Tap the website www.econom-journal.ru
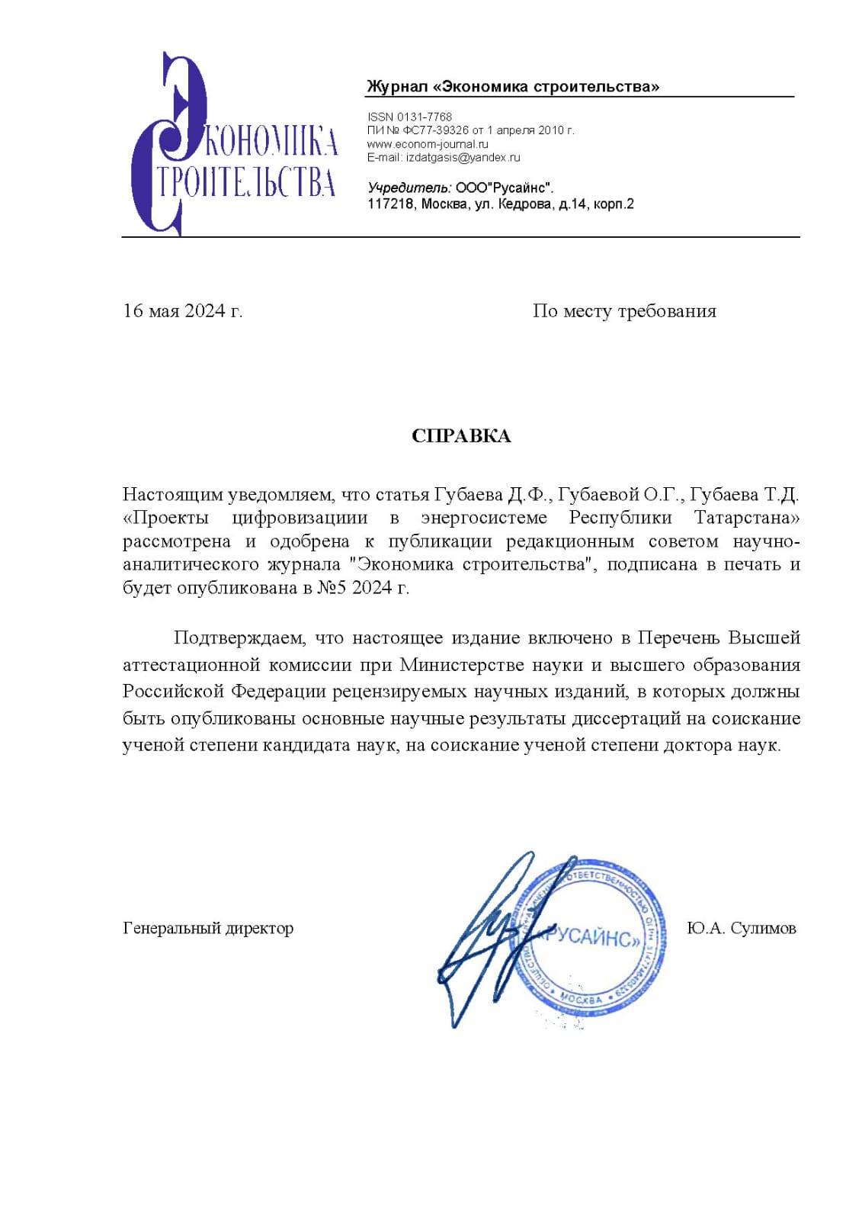coord(428,144)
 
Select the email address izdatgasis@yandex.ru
coord(463,158)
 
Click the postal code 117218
coord(390,204)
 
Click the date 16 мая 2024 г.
coord(183,311)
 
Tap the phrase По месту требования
coord(624,311)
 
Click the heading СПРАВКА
coord(461,436)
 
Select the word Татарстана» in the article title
coord(747,518)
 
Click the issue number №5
coord(332,588)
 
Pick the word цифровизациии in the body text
coord(300,518)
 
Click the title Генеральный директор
coord(208,929)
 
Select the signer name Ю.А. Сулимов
coord(741,929)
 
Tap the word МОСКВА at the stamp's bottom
coord(582,998)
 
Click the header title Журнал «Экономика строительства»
coord(513,87)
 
